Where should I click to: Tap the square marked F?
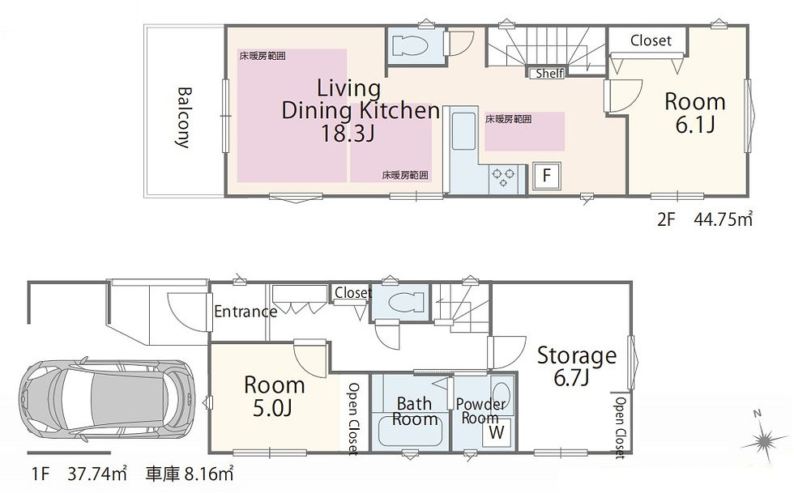tap(546, 176)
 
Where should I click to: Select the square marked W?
tap(497, 432)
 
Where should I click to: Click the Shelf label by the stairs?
tap(549, 74)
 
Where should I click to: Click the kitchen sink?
tap(463, 132)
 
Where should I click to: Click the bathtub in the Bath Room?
tap(411, 431)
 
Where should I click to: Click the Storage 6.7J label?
tap(576, 365)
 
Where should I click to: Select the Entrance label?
tap(245, 312)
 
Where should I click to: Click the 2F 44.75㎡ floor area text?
tap(705, 219)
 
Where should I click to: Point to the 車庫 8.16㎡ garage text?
tap(190, 474)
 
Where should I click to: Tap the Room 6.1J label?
tap(695, 113)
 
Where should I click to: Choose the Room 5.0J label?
tap(274, 397)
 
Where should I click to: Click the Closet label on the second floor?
tap(651, 40)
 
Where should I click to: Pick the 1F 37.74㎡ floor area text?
tap(79, 474)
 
